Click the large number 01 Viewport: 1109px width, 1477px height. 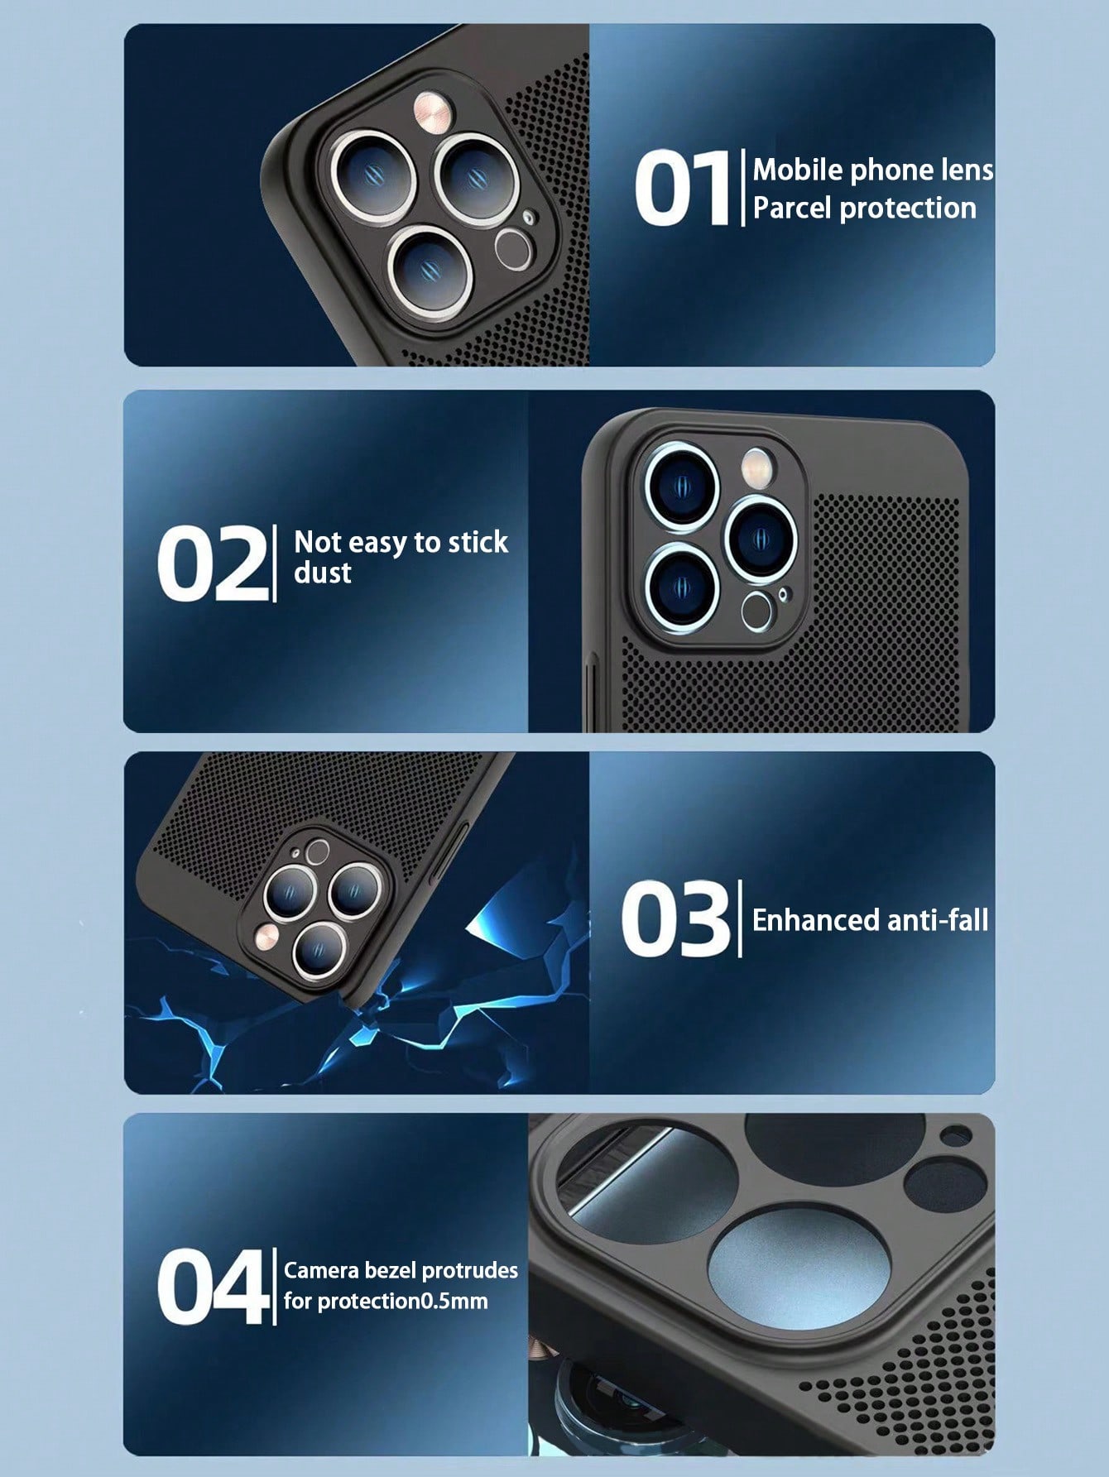[x=684, y=189]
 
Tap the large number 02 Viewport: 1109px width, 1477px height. [x=212, y=564]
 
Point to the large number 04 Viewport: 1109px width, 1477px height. [x=213, y=1287]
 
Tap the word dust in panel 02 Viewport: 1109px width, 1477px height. [x=323, y=573]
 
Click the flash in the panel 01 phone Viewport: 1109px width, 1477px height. [x=432, y=111]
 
